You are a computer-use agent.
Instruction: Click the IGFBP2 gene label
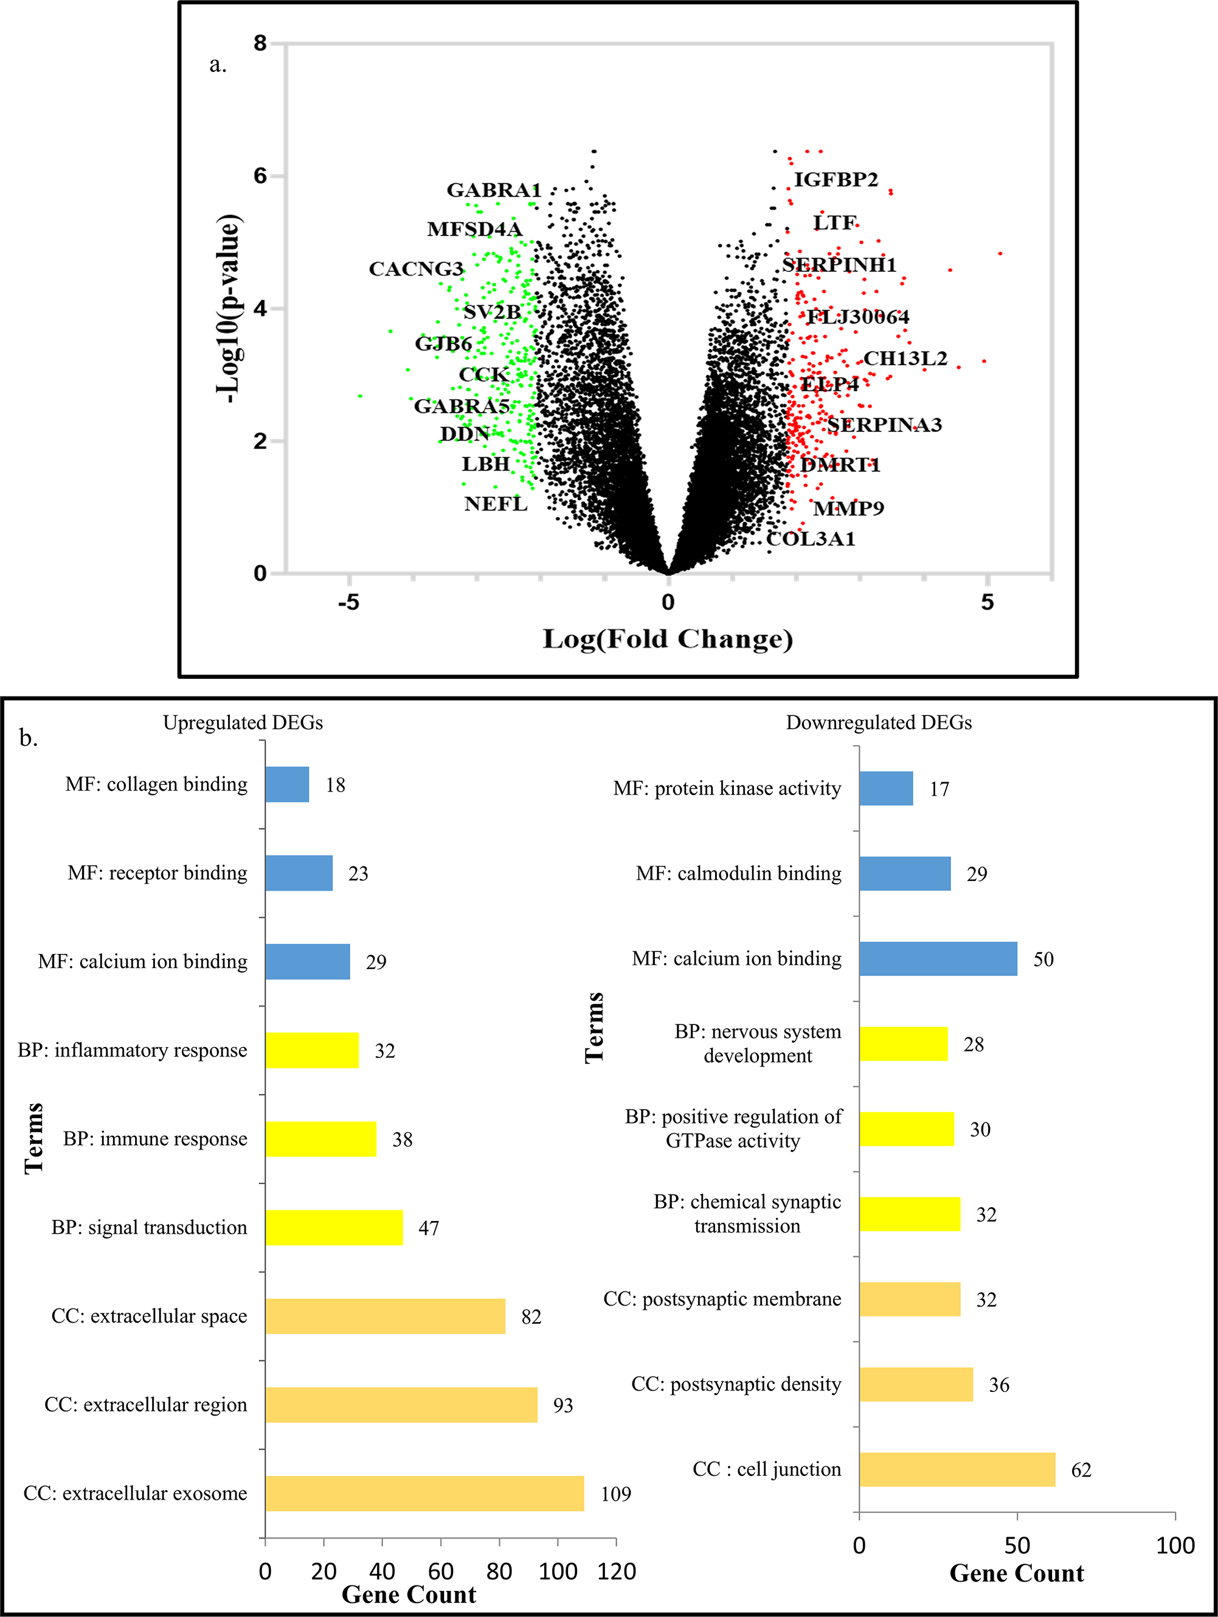[836, 180]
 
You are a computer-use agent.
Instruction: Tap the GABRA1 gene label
[493, 191]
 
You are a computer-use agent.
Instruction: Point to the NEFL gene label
[496, 504]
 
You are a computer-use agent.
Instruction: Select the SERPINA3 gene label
[884, 425]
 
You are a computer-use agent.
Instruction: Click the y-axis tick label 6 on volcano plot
[260, 176]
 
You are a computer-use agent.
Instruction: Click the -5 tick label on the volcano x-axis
[348, 603]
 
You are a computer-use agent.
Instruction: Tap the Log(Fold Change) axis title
[667, 639]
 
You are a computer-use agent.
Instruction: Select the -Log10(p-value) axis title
[229, 308]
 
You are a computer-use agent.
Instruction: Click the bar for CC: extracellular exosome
[424, 1494]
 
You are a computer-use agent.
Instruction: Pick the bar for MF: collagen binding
[286, 784]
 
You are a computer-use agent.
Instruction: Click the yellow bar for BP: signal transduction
[333, 1228]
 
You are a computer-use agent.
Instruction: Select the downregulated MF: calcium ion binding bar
[938, 959]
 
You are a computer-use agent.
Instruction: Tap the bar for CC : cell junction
[957, 1469]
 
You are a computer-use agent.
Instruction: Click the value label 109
[615, 1494]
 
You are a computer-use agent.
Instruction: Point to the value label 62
[1081, 1470]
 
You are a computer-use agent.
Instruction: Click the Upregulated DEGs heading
[243, 723]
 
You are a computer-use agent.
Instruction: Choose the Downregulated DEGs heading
[878, 723]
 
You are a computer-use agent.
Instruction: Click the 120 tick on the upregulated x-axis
[616, 1571]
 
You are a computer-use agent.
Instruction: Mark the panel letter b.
[29, 739]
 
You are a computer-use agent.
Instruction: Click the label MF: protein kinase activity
[727, 789]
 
